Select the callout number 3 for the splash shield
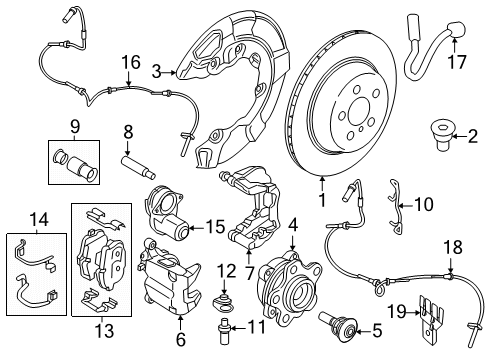tap(157, 70)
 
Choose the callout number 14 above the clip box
tap(38, 218)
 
